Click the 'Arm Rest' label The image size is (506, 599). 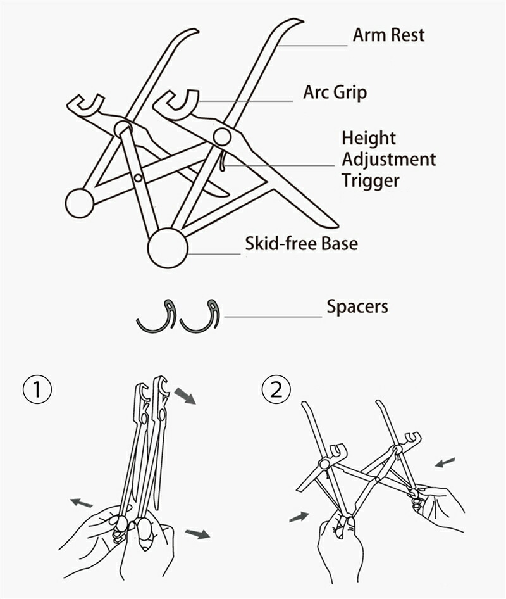tap(388, 35)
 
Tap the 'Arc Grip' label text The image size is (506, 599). tap(335, 92)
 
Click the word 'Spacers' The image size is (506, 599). tap(357, 307)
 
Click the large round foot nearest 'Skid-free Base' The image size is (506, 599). tap(168, 248)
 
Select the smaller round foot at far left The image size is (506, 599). tap(80, 203)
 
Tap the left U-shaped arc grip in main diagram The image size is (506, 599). tap(86, 105)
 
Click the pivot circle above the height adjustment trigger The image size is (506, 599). tap(222, 136)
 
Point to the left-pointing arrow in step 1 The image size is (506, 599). tap(82, 503)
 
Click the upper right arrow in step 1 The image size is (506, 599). tap(185, 396)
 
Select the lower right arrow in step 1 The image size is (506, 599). tap(198, 534)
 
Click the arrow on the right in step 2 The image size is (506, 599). tap(445, 463)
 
